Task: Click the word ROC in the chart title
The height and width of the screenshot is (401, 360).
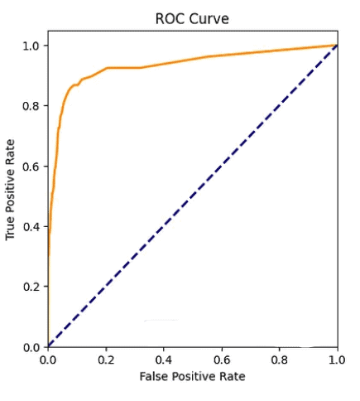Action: tap(170, 17)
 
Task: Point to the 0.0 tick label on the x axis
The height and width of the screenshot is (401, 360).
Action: tap(48, 361)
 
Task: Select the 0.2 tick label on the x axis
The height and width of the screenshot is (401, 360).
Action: tap(106, 361)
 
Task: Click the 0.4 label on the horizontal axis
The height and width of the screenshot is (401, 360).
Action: tap(164, 361)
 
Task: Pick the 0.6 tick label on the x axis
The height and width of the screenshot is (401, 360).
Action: tap(222, 361)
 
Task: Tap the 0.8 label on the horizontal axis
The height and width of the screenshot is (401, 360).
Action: tap(280, 361)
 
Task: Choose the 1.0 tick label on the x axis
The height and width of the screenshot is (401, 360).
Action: tap(337, 361)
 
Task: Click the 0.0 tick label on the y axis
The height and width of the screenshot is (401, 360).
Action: tap(31, 347)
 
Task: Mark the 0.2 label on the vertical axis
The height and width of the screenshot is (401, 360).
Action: tap(31, 287)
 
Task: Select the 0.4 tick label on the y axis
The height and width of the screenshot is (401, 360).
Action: tap(31, 226)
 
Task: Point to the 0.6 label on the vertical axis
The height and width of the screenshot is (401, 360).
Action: tap(31, 166)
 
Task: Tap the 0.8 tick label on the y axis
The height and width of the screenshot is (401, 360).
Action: tap(31, 105)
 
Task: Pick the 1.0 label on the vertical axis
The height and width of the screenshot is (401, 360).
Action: tap(31, 46)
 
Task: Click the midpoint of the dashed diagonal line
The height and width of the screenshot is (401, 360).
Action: tap(192, 196)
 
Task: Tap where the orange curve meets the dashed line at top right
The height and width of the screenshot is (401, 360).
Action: tap(336, 46)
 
